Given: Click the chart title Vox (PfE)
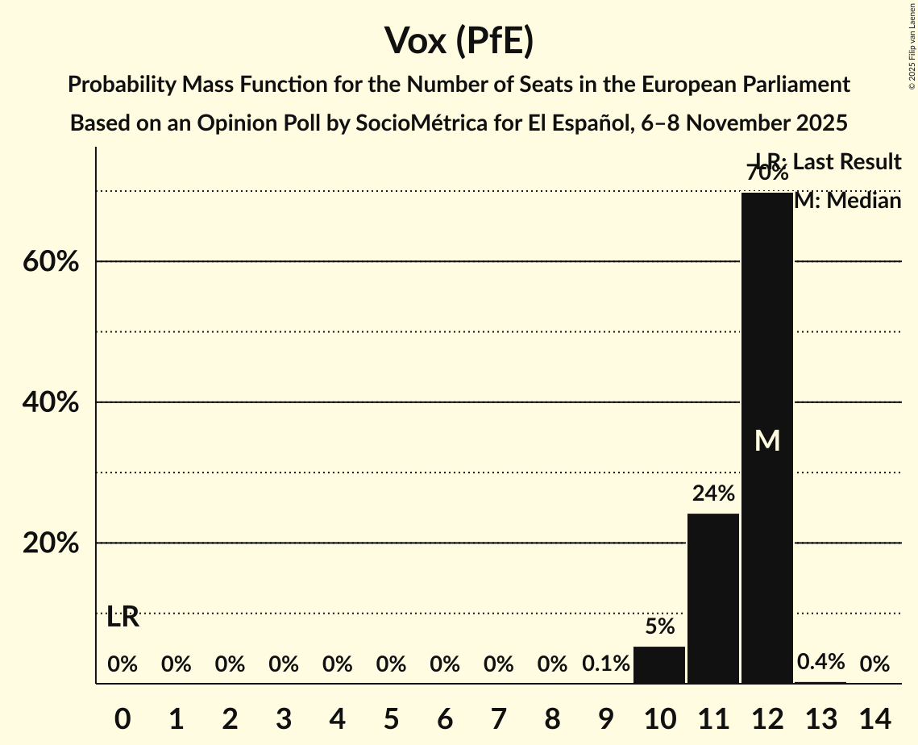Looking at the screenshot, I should (459, 40).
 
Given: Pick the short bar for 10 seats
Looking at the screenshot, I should (659, 665).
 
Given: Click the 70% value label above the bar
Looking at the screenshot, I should (766, 173).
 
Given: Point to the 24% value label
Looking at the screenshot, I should (713, 493).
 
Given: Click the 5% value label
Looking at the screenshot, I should (659, 626).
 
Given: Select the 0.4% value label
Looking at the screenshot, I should (820, 663).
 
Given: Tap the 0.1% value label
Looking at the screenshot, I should (606, 664).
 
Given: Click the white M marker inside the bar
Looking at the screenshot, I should (767, 441).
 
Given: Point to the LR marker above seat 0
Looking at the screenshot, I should (123, 618).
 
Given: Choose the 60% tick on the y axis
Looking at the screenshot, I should (50, 262).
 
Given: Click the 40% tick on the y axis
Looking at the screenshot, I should (50, 402).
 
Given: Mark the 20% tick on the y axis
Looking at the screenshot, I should (50, 543).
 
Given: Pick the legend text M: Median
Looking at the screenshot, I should (847, 201).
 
